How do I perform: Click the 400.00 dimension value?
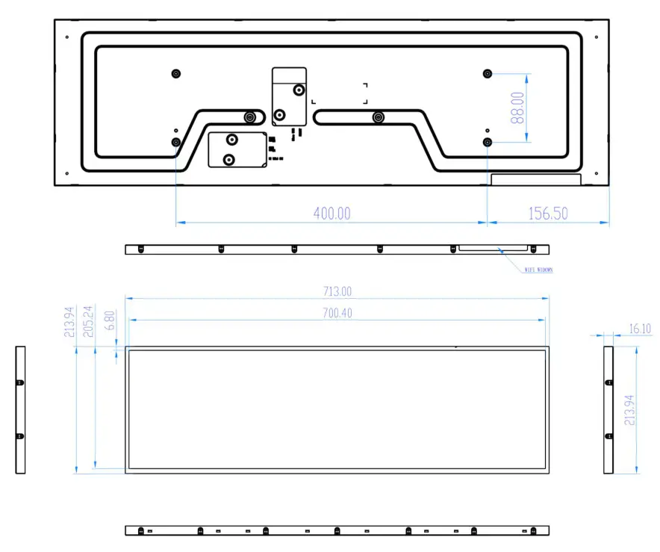(331, 214)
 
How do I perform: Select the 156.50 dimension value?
(549, 214)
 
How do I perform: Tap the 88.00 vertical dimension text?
(517, 108)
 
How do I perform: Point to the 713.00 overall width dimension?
(337, 291)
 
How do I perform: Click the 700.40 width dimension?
(337, 313)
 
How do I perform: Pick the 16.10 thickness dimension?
(641, 328)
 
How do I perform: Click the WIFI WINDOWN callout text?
(538, 270)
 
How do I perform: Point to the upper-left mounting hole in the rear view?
(176, 73)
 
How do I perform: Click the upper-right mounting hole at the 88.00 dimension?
(488, 73)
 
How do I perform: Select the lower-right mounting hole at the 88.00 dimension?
(488, 141)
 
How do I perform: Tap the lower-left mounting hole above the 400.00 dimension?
(176, 142)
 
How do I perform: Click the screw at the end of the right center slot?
(379, 117)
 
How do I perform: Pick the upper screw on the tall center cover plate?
(299, 90)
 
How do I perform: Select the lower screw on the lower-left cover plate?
(229, 159)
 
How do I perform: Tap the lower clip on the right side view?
(608, 436)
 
